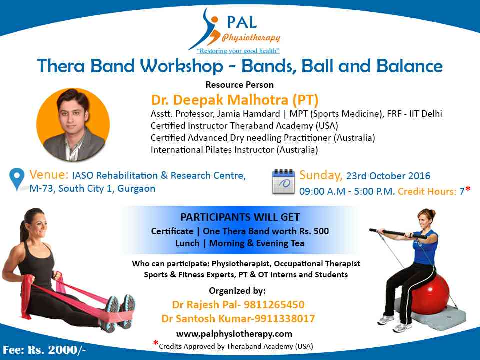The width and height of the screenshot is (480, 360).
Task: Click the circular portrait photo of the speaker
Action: [73, 124]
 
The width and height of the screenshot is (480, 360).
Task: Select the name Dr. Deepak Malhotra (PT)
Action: [235, 100]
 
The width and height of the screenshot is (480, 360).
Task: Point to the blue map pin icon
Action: [17, 179]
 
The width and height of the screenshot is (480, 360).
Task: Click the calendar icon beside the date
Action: [283, 181]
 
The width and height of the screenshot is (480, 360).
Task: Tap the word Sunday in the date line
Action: [320, 175]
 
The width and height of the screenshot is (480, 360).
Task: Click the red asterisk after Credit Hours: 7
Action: [468, 190]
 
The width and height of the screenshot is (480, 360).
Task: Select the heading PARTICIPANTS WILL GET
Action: [240, 217]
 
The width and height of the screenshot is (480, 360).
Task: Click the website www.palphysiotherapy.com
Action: [234, 333]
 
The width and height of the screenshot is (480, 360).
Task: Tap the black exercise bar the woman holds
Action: [398, 234]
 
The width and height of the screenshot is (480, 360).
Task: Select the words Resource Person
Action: [239, 85]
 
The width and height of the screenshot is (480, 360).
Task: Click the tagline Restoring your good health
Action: [238, 51]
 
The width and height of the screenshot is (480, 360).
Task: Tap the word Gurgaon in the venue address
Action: [136, 189]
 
